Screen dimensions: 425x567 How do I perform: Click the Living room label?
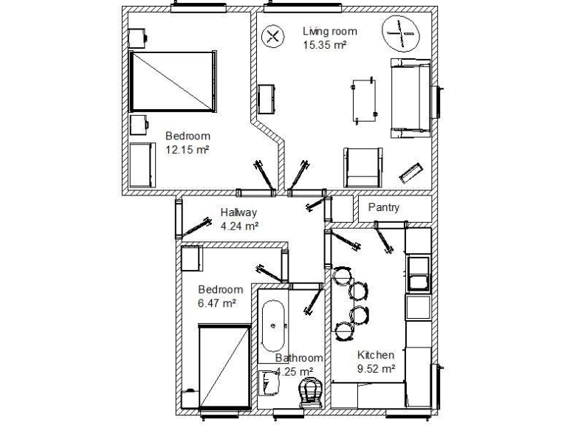pyautogui.click(x=330, y=32)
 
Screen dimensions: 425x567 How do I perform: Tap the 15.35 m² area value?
pyautogui.click(x=325, y=44)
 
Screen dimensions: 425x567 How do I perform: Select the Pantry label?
pyautogui.click(x=383, y=207)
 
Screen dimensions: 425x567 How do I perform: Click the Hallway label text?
pyautogui.click(x=238, y=213)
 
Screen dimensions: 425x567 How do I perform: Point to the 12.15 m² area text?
pyautogui.click(x=188, y=149)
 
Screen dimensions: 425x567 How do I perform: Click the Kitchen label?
pyautogui.click(x=377, y=355)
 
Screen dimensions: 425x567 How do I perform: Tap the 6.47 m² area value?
pyautogui.click(x=216, y=303)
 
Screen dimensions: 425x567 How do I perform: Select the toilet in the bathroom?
pyautogui.click(x=310, y=393)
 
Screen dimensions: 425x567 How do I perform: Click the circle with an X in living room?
pyautogui.click(x=272, y=35)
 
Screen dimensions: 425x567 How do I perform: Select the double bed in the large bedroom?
pyautogui.click(x=174, y=81)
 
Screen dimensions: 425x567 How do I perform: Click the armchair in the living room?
pyautogui.click(x=362, y=167)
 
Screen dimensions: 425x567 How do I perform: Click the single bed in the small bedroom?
pyautogui.click(x=224, y=364)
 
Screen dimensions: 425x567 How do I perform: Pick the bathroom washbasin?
pyautogui.click(x=267, y=381)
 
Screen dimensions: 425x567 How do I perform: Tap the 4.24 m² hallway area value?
pyautogui.click(x=239, y=227)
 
